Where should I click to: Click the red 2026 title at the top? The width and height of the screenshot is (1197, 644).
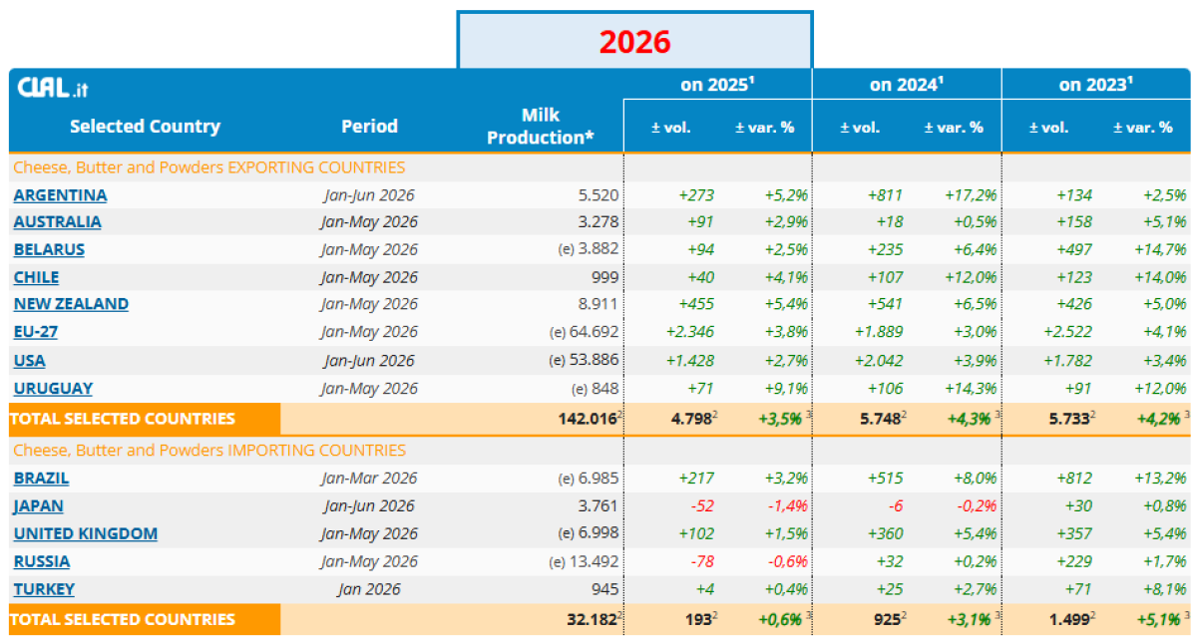coord(634,42)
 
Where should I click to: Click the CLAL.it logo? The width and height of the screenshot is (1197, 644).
coord(52,88)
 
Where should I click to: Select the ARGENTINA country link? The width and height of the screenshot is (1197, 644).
coord(61,195)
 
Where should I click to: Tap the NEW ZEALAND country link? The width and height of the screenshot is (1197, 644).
coord(71,304)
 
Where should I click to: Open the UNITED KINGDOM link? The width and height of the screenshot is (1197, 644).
coord(86,533)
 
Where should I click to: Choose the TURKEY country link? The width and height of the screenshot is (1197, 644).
coord(44,589)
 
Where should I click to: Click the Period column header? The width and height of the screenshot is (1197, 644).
coord(369,127)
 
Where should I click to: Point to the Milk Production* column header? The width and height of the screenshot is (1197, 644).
coord(541,127)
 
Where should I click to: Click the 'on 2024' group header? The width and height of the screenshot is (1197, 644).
coord(907,85)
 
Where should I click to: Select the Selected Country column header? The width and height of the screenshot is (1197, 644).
coord(145,127)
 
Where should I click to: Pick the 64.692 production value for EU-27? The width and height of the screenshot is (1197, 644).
coord(594,332)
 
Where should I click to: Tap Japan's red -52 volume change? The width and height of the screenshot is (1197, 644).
coord(702,505)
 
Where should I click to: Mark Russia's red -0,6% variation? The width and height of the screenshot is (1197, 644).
coord(787,561)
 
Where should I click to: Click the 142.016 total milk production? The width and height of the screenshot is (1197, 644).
coord(588,419)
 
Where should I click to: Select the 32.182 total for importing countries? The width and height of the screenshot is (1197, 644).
coord(593,619)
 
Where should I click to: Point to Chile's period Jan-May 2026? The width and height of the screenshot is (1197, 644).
coord(369,278)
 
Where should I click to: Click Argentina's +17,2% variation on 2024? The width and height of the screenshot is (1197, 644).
coord(971,195)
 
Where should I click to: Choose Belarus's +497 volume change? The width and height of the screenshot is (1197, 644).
coord(1074,249)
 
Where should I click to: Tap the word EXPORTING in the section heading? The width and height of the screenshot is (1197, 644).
coord(271,167)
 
